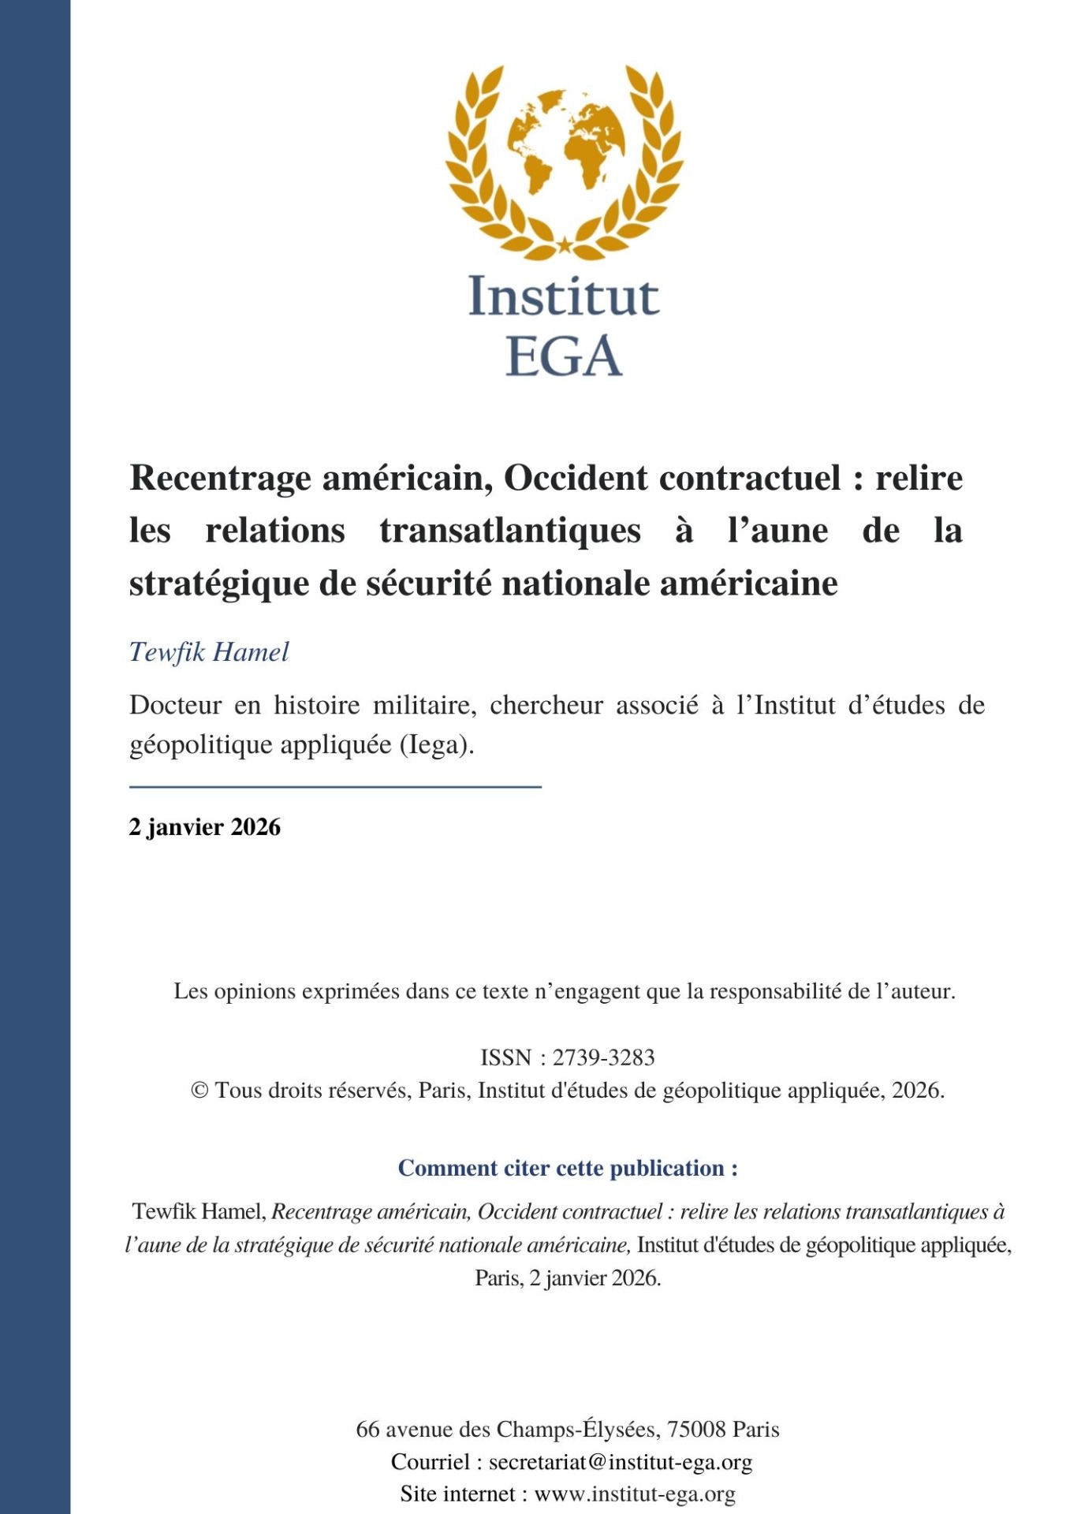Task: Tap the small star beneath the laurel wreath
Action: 565,245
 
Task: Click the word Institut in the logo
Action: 564,297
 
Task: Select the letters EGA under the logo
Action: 564,356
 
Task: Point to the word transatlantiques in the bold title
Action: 510,531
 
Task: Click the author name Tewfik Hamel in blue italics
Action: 209,652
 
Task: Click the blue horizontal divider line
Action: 335,786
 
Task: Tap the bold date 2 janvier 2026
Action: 205,827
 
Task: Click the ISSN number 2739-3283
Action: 603,1057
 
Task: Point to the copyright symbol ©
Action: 200,1091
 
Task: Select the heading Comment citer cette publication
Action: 568,1168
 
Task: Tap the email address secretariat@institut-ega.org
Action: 621,1462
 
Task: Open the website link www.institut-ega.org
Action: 635,1494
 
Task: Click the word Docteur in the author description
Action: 175,705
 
